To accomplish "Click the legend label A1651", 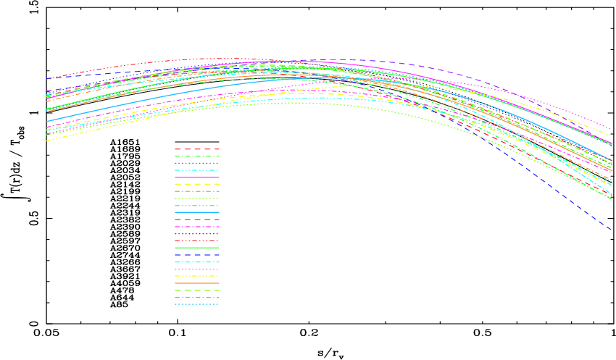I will point(120,142).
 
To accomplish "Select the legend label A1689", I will point(120,149).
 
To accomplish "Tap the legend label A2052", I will point(120,177).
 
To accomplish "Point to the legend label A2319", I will point(120,212).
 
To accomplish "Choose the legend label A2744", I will point(120,255).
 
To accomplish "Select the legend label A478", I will point(118,290).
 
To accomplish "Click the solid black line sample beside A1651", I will point(196,142).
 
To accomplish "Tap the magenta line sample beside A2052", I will point(196,177).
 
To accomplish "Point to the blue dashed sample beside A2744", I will point(196,255).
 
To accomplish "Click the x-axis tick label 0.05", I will point(46,335).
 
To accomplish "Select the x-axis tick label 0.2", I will point(309,335).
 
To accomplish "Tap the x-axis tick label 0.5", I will point(483,335).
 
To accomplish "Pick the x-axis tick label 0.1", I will point(178,335).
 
